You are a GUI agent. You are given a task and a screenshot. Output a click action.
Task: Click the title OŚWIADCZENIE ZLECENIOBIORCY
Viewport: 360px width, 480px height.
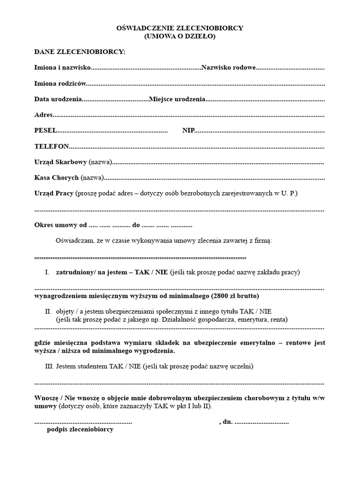click(180, 28)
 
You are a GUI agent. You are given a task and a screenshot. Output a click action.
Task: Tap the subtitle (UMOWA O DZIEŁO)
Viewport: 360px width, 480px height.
click(180, 36)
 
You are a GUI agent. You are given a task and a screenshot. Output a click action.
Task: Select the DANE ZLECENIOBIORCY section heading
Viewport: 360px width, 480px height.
click(80, 52)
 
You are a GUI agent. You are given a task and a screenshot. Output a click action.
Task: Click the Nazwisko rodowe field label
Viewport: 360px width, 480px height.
click(228, 68)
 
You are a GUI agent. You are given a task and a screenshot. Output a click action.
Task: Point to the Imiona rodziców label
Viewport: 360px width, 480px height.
click(60, 84)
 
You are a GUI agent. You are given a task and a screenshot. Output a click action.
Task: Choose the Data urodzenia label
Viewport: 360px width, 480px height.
click(58, 100)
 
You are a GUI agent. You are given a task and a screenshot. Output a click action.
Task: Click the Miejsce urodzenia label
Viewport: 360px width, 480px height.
click(177, 100)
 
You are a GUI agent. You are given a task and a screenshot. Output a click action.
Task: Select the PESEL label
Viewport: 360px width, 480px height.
click(45, 130)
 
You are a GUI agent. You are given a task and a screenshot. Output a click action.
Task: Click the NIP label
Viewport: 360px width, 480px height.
click(188, 130)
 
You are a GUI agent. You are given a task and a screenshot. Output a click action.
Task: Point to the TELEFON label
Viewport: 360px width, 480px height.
click(52, 146)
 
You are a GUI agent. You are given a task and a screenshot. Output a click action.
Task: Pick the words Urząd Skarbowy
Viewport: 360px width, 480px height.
click(60, 162)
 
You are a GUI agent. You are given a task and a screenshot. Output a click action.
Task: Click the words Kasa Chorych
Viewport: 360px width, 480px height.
click(56, 178)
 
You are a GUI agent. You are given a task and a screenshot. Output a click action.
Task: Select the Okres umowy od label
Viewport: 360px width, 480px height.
click(61, 225)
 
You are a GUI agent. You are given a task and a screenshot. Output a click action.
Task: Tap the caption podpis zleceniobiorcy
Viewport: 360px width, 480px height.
click(80, 429)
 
